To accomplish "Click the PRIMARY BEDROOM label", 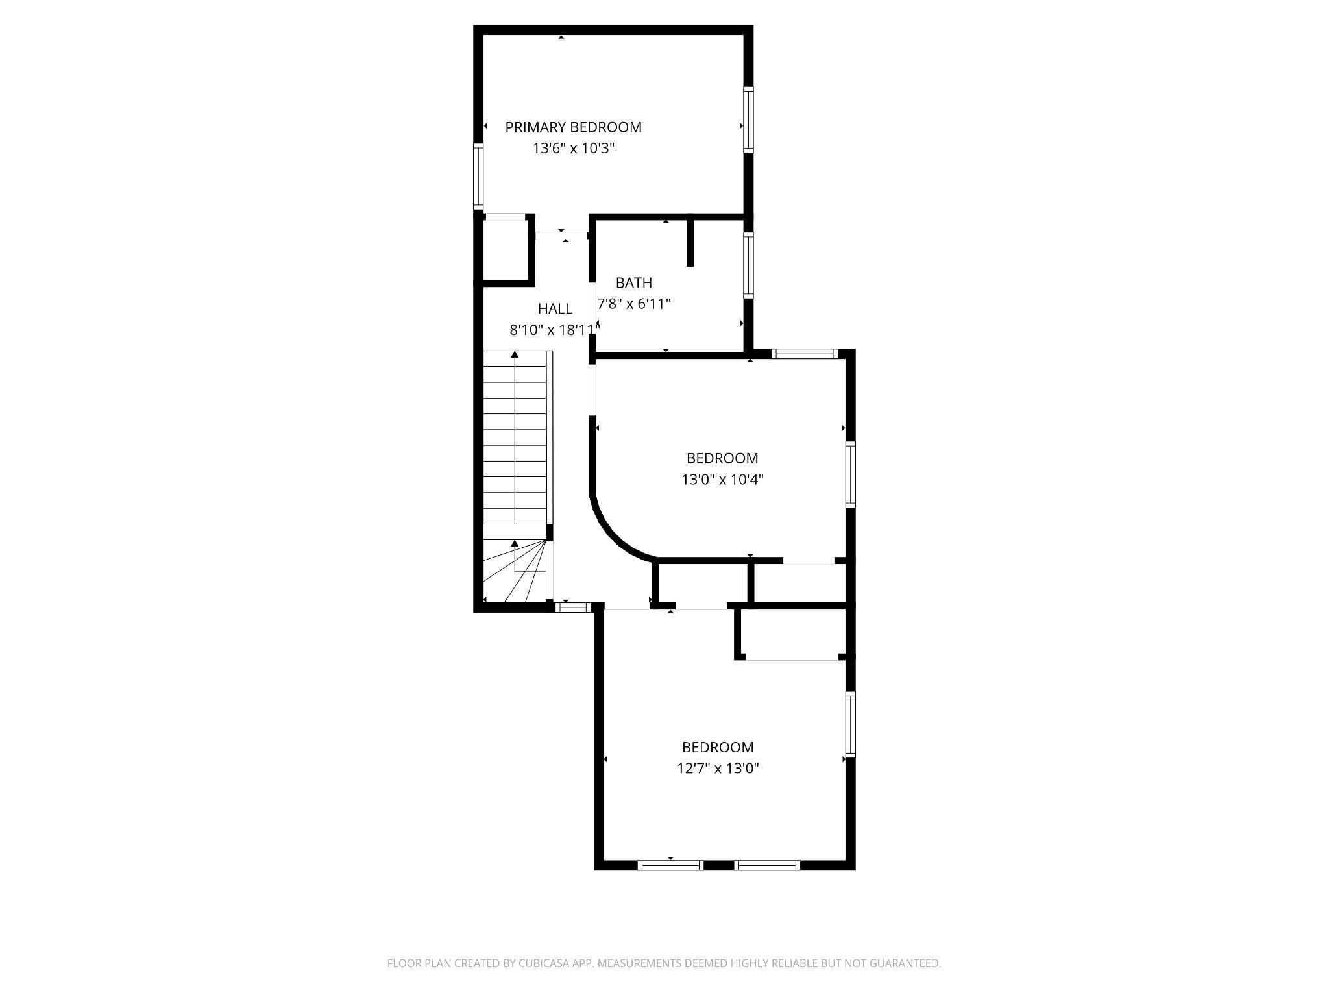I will [573, 127].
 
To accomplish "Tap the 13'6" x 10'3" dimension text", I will [573, 149].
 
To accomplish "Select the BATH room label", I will [633, 283].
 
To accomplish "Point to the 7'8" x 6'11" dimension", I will [633, 304].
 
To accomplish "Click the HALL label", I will [555, 309].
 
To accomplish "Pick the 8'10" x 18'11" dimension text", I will [553, 330].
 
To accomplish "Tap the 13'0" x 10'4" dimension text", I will [722, 480].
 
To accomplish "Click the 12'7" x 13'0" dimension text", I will [718, 769].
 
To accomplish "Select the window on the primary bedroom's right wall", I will [748, 120].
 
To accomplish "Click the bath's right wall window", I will [748, 265].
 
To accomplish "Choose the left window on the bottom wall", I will [670, 865].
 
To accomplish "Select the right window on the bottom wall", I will [766, 865].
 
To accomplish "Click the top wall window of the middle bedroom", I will [805, 354].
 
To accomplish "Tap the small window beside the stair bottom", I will [572, 608].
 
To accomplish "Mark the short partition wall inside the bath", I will [690, 241].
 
